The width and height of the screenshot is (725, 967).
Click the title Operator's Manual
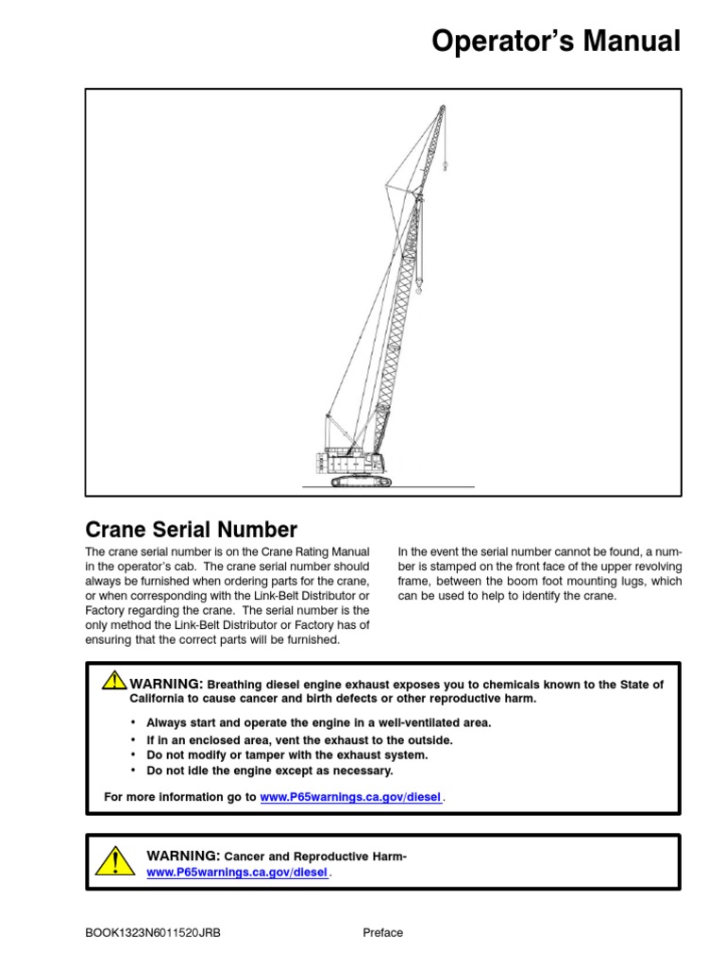555,42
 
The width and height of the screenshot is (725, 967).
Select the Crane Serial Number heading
191,530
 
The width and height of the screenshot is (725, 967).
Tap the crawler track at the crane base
361,482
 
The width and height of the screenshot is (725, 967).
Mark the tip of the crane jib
441,109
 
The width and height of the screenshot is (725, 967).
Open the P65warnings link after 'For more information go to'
350,797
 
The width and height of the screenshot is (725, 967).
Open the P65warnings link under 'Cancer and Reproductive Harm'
238,874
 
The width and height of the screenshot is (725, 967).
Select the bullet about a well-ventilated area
319,722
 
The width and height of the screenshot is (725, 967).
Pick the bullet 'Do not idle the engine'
270,771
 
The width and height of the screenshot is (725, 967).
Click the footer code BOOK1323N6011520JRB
153,933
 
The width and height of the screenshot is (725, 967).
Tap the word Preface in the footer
382,933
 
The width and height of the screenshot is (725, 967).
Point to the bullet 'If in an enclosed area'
299,739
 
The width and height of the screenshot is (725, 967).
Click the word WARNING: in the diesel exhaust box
166,684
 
